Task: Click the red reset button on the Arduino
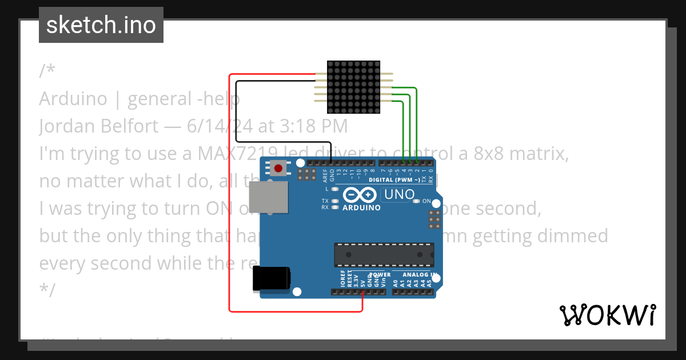click(x=279, y=168)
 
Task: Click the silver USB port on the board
click(x=268, y=197)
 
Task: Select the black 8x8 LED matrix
click(x=353, y=87)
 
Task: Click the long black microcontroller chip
click(x=384, y=255)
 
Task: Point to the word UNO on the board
click(x=399, y=194)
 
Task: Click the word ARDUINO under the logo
click(x=361, y=208)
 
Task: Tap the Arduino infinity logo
click(x=360, y=195)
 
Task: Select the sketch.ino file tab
click(x=101, y=25)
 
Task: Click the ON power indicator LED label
click(x=426, y=201)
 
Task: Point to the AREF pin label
click(x=325, y=174)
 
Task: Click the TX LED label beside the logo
click(x=325, y=201)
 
